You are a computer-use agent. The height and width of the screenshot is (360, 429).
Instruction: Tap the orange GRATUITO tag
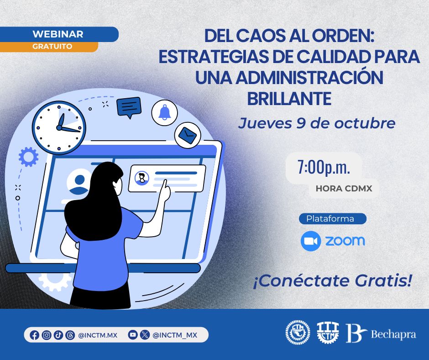52,47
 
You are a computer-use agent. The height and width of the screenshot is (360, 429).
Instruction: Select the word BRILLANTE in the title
289,99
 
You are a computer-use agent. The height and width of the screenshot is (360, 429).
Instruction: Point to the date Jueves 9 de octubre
316,123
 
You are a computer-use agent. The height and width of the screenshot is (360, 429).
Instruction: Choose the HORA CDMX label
344,188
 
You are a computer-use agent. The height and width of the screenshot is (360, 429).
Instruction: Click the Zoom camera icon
311,241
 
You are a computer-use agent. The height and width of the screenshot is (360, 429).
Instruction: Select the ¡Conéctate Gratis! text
333,281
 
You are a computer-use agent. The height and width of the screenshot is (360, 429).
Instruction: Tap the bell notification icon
164,112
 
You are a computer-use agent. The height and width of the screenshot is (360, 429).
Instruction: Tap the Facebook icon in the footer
34,335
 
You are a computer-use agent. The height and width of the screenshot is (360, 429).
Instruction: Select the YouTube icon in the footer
133,335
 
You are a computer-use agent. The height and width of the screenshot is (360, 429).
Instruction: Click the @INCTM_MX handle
175,335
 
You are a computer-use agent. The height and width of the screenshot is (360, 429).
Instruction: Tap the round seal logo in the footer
297,332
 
